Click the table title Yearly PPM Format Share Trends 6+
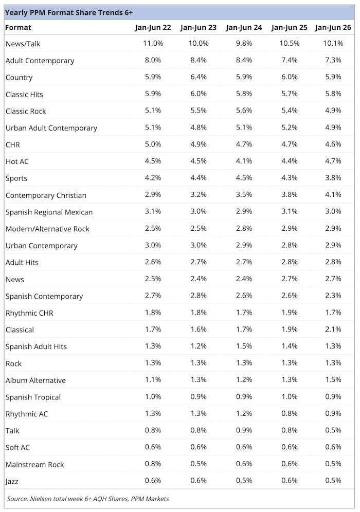(69, 13)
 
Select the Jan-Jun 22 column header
(153, 27)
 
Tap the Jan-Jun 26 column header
(333, 27)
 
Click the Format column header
(19, 27)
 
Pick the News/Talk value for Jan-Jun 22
(153, 43)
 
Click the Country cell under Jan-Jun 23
(199, 77)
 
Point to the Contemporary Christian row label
(46, 195)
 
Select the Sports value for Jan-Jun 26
(333, 178)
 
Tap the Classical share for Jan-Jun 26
(333, 329)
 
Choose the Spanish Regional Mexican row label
(49, 212)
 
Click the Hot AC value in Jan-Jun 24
(244, 161)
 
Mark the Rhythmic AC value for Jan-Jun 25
(290, 413)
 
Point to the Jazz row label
(12, 481)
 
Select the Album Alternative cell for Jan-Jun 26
(333, 380)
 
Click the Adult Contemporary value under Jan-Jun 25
(290, 60)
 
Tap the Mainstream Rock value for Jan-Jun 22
(153, 464)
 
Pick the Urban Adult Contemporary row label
(51, 128)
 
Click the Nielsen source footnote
(88, 499)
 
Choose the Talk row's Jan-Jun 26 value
(333, 430)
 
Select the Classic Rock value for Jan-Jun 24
(244, 111)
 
